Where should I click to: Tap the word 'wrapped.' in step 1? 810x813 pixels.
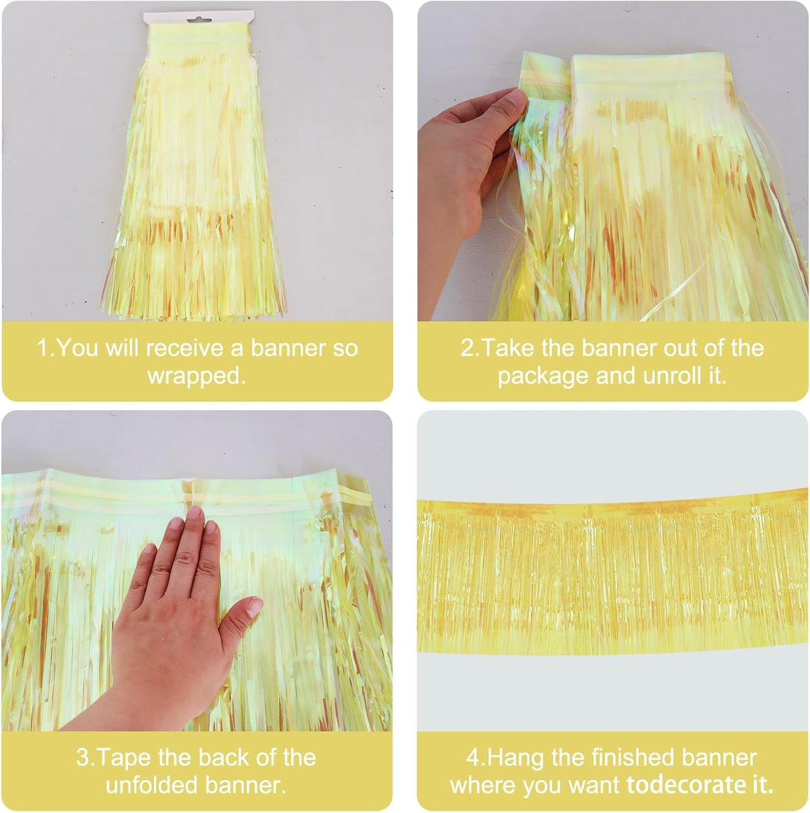(x=197, y=376)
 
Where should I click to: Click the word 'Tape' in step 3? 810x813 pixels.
(x=124, y=757)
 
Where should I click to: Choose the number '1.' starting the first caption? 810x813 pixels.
(x=45, y=348)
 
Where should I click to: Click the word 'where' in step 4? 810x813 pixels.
(x=482, y=785)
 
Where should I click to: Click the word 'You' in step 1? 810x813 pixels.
(x=78, y=348)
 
